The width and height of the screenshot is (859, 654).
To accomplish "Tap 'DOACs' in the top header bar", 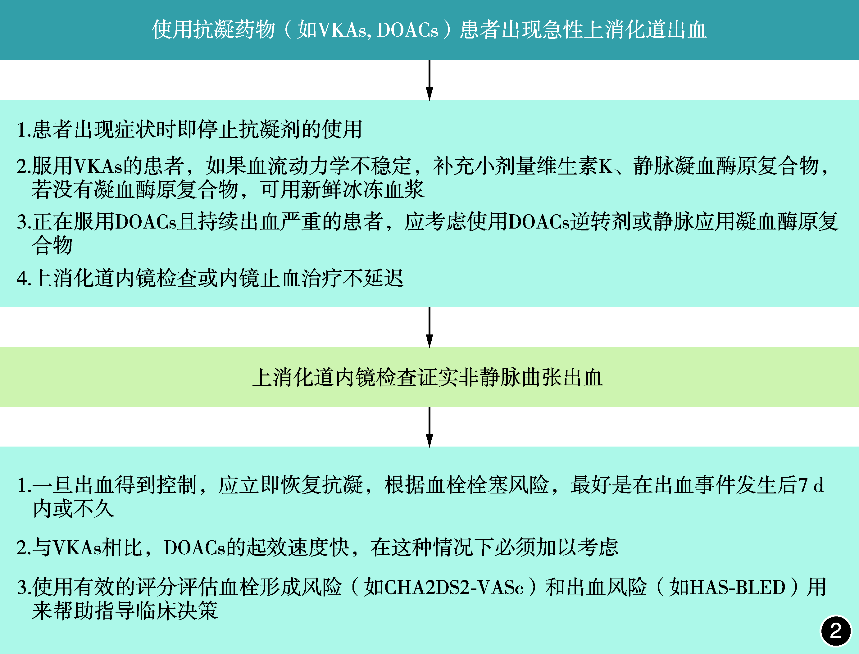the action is (x=407, y=30).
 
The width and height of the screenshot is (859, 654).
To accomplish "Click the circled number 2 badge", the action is (x=836, y=631).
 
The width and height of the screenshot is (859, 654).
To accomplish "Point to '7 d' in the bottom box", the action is (x=811, y=485).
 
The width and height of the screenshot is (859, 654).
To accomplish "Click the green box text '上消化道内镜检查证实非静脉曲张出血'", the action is (x=427, y=377).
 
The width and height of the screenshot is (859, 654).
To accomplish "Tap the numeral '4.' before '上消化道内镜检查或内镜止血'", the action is (x=24, y=278).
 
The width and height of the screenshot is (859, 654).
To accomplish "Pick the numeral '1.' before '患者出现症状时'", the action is (x=24, y=129).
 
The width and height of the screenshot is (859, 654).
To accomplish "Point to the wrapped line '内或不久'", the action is (x=74, y=509).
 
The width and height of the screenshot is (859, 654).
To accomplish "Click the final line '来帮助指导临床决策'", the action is (x=125, y=611).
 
